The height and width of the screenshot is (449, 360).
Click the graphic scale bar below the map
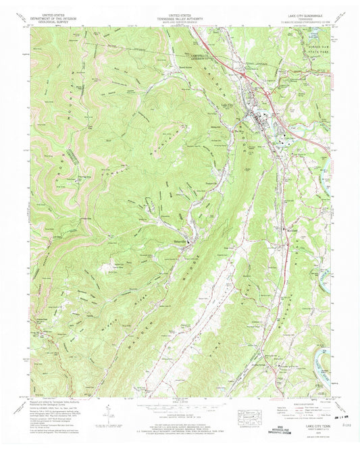[178, 408]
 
